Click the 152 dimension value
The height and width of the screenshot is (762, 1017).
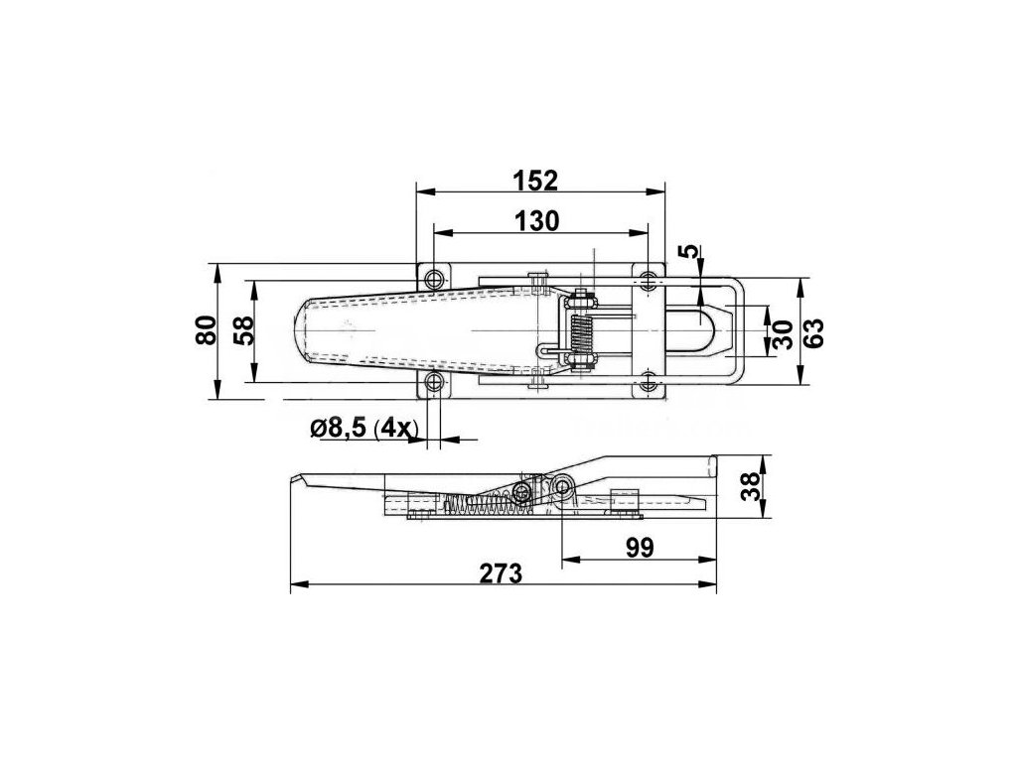535,181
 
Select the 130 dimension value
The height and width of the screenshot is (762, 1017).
536,221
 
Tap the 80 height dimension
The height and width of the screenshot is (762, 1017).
206,330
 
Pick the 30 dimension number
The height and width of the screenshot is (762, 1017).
783,334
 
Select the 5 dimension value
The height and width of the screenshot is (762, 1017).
692,251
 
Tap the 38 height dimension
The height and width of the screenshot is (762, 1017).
750,486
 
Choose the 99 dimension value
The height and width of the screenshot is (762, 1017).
641,548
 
